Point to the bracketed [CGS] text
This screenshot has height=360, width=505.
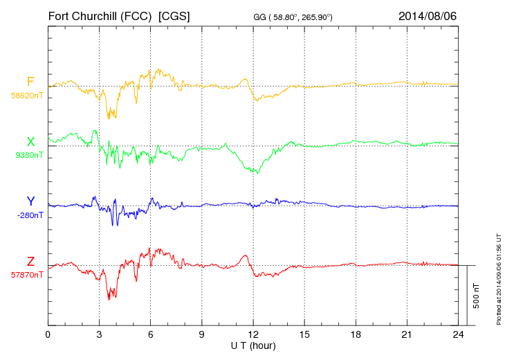pos(174,15)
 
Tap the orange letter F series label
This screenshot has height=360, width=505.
pos(30,82)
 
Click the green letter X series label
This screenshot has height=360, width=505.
pos(30,142)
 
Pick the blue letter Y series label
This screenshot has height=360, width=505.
pos(30,201)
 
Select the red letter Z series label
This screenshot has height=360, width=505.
pos(30,262)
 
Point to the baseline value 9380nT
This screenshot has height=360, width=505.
pos(28,155)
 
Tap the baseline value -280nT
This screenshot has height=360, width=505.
pos(30,215)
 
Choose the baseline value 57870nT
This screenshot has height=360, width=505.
pos(26,275)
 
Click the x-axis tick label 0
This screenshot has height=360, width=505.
pos(48,334)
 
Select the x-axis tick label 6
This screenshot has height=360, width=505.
pos(151,334)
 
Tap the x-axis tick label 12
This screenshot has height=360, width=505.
pos(253,334)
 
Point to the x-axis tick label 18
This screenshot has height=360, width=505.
pos(356,334)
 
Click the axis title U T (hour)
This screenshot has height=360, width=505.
pos(253,345)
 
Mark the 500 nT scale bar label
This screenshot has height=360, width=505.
pos(477,295)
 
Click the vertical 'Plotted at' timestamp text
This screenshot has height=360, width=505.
pos(498,279)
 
